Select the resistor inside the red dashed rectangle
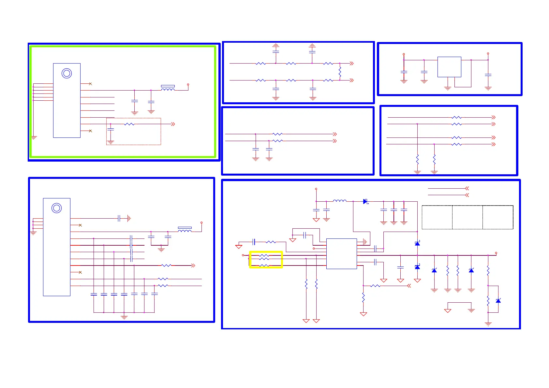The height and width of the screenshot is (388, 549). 129,124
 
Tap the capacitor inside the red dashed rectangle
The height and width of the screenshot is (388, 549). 111,130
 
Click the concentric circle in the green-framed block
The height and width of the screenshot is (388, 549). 67,73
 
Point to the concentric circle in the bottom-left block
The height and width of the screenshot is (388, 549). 56,208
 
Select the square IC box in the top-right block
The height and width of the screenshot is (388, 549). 449,67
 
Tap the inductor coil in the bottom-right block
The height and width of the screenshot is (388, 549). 339,201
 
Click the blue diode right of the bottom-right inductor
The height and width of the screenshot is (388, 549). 365,202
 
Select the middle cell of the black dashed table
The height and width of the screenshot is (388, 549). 467,217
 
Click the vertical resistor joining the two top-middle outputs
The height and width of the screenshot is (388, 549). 340,72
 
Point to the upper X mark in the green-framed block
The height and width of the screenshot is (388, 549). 90,84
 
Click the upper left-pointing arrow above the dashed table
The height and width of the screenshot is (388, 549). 467,188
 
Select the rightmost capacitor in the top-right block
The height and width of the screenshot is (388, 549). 488,75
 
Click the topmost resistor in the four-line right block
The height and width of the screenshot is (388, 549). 456,117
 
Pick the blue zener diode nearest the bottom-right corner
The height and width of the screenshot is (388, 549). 498,301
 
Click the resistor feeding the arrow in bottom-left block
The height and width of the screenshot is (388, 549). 166,266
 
